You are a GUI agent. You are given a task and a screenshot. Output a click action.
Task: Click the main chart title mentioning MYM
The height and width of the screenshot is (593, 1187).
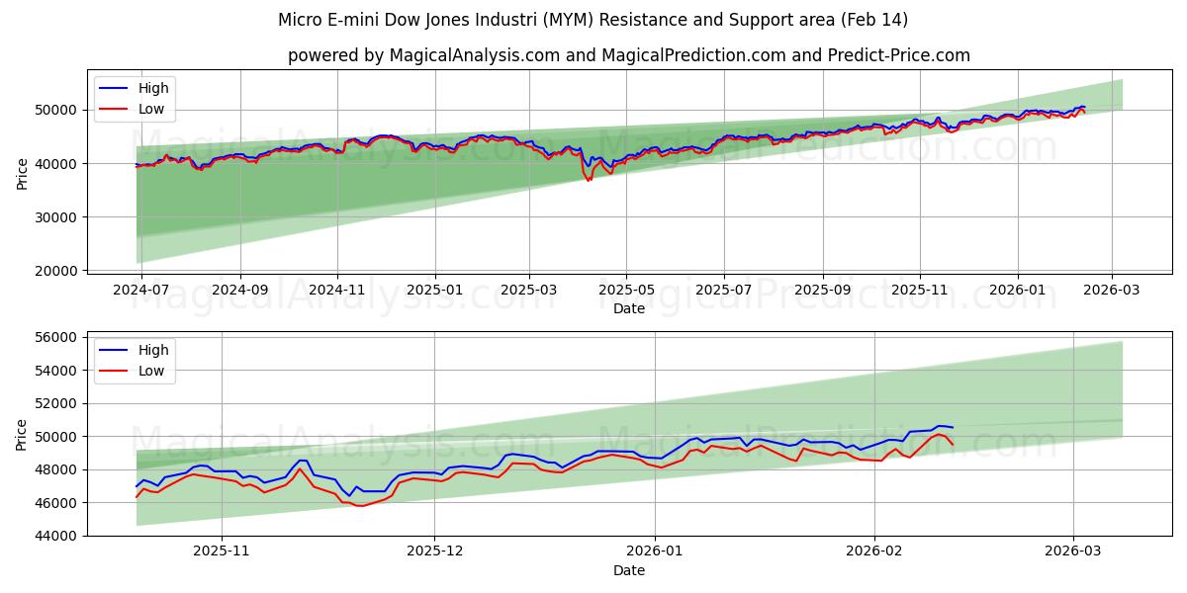[593, 20]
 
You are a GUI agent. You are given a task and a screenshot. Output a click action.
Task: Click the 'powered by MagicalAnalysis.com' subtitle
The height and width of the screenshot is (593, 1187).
[628, 55]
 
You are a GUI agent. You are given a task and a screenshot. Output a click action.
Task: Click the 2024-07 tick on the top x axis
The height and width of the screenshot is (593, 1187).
[141, 291]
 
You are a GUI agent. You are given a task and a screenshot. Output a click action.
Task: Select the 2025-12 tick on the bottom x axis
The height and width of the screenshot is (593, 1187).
[435, 552]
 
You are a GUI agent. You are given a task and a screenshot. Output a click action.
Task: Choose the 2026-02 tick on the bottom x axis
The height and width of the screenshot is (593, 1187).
[876, 552]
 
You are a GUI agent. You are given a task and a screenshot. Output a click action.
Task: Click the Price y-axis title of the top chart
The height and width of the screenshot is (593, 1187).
[23, 173]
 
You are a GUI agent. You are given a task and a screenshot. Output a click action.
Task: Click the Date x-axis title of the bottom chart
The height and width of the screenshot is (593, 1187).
[628, 570]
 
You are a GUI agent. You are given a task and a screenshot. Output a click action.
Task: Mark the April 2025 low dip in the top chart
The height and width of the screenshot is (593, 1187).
[589, 180]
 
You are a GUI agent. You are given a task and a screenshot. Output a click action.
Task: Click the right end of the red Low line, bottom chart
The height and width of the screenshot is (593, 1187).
[953, 444]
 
